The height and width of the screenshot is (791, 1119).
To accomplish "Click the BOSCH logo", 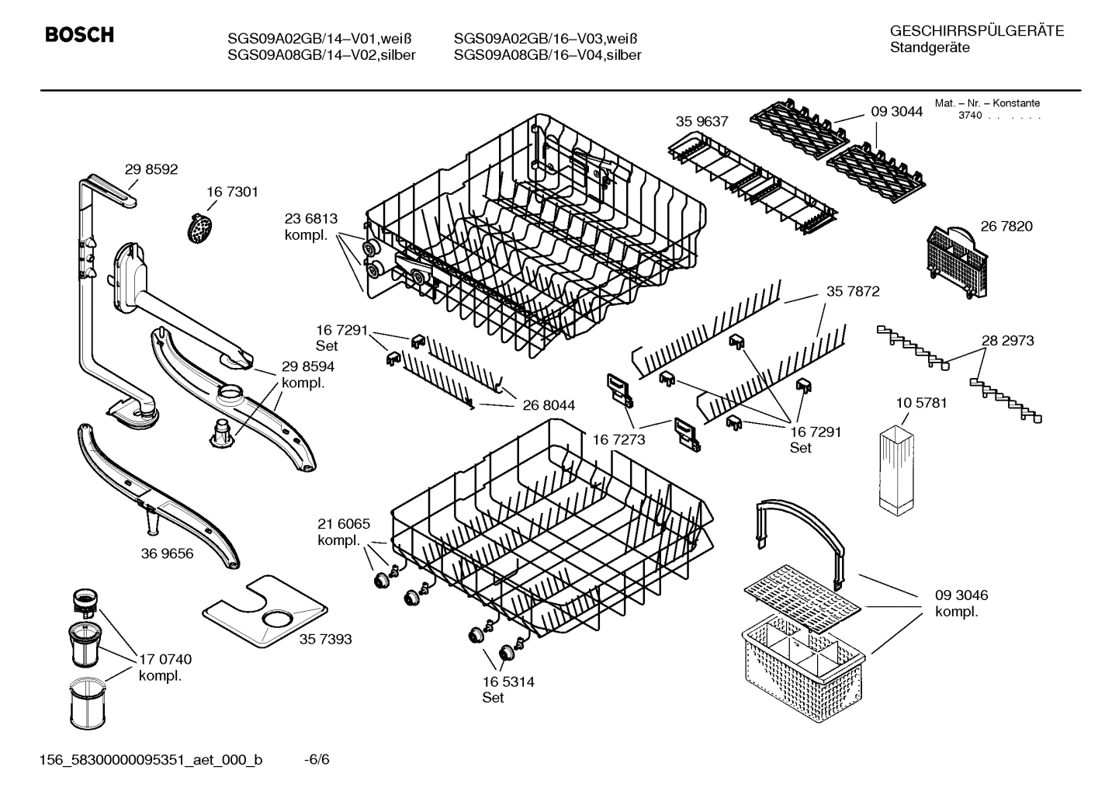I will pos(79,35).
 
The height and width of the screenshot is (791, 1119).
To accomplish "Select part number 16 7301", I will pos(232,192).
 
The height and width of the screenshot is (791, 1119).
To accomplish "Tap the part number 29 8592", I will pos(151,169).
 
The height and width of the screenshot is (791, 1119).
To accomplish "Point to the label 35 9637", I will pos(702,121).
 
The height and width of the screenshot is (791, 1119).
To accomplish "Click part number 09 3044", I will pos(896,112).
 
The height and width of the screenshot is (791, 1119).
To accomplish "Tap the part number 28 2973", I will pos(1007,340).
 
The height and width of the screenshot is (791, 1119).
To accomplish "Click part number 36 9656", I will pos(168,553).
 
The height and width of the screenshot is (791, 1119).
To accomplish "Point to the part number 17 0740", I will pos(165,659).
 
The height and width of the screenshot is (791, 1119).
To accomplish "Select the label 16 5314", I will pos(508,682).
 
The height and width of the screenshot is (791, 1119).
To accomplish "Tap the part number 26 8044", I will pos(549,404).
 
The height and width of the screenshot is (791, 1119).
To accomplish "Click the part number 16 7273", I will pos(618,439).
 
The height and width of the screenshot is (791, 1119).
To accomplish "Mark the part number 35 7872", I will pos(853,292).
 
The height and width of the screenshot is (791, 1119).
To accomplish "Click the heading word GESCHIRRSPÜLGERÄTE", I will pos(977,31).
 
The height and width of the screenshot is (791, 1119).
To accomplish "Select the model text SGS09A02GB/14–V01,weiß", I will pos(319,39).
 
